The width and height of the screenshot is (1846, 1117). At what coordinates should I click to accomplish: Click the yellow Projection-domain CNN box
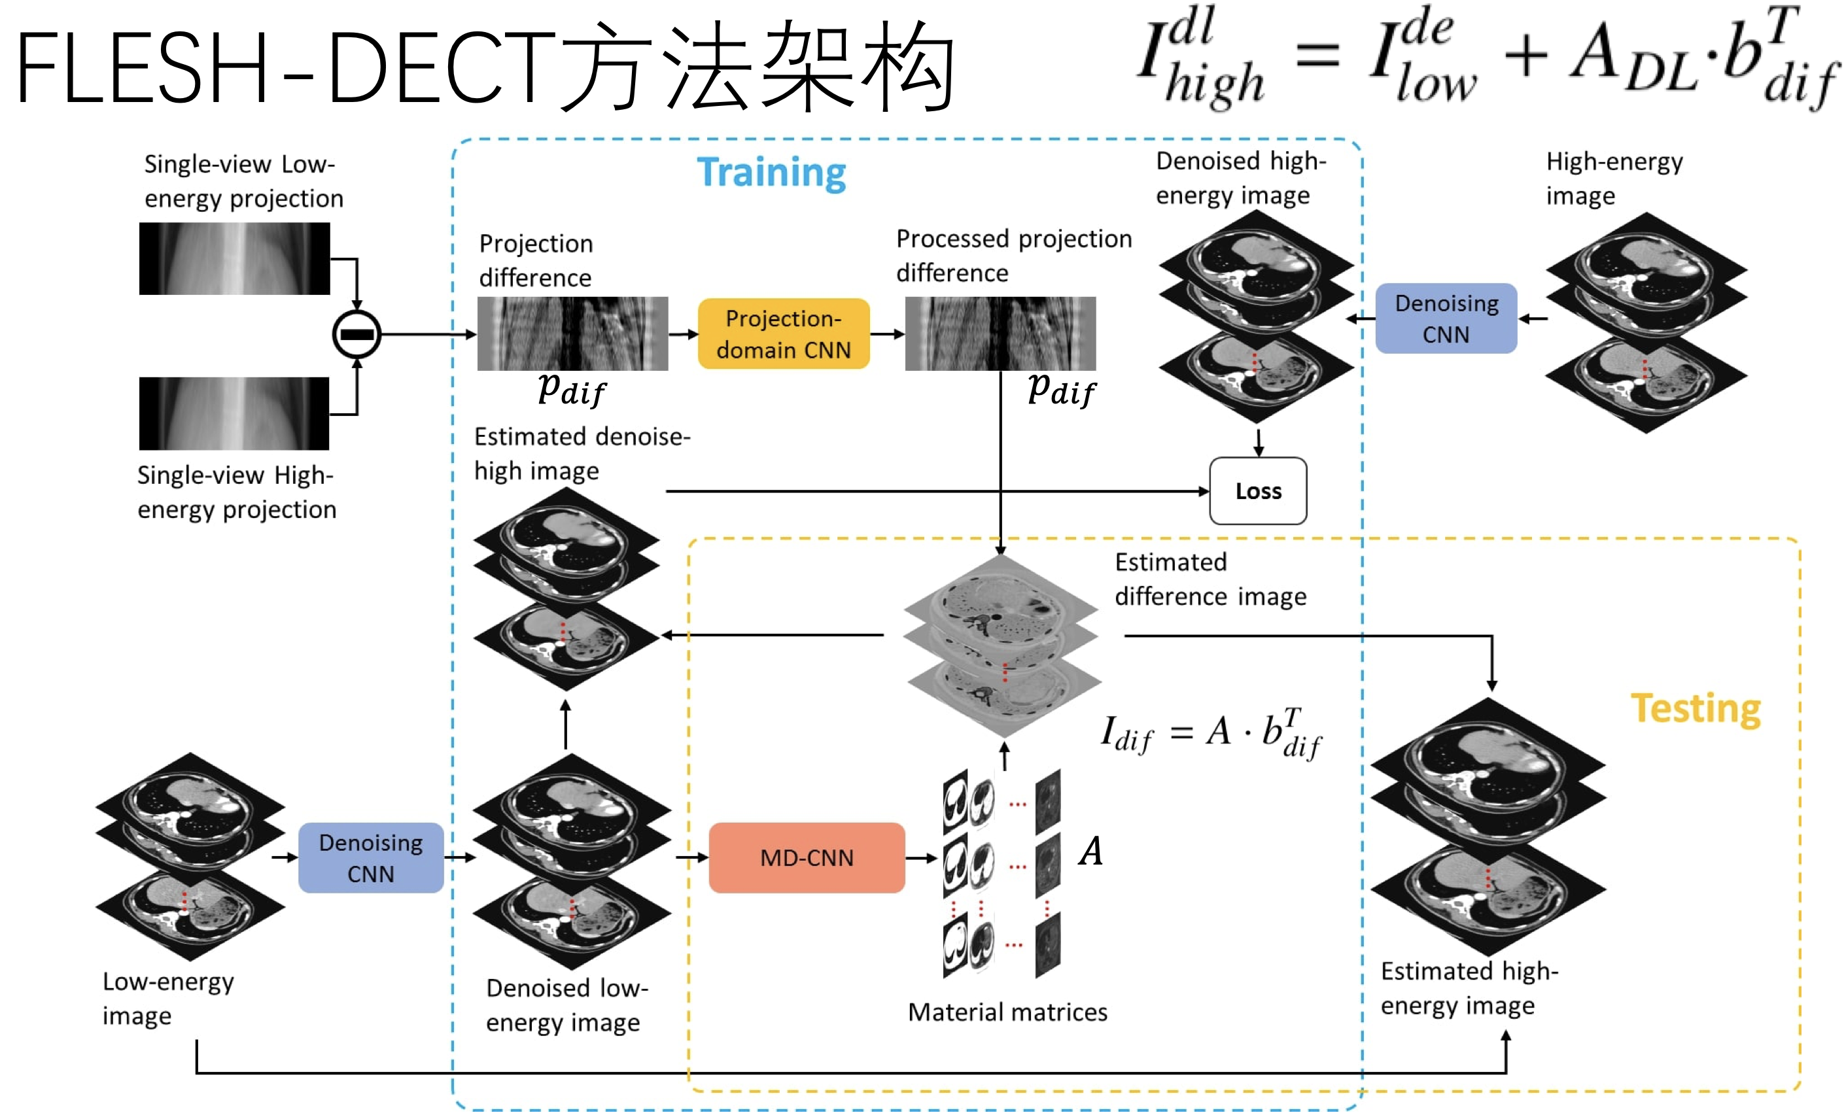(x=784, y=334)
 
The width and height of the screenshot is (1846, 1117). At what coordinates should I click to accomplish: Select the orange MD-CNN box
(x=806, y=858)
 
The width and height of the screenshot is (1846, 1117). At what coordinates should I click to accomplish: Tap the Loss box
(x=1258, y=491)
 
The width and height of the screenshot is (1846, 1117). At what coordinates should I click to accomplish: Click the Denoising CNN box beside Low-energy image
(x=371, y=858)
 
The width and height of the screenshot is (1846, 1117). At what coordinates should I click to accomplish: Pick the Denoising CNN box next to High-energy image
(x=1446, y=318)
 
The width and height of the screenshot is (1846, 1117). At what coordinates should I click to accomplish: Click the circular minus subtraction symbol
(x=357, y=334)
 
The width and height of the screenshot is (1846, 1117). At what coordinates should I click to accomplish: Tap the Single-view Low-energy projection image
(x=234, y=258)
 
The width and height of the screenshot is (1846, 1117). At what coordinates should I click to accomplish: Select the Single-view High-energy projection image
(x=234, y=413)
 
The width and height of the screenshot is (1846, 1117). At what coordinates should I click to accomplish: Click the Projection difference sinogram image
(x=572, y=334)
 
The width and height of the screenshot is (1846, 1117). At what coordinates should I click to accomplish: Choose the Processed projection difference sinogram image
(x=1000, y=334)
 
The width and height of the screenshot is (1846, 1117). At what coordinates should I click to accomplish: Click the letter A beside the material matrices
(x=1090, y=851)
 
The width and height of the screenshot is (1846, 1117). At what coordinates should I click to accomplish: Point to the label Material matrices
(x=1007, y=1012)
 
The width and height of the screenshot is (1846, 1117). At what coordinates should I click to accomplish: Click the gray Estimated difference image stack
(x=1002, y=644)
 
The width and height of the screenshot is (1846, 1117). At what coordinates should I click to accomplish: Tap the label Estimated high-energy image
(x=1469, y=988)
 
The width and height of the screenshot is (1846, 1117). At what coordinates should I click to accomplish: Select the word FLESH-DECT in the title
(x=285, y=67)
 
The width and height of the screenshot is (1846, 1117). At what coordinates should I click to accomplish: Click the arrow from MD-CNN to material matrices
(x=922, y=858)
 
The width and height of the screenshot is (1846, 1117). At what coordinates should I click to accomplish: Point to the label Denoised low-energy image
(x=566, y=1005)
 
